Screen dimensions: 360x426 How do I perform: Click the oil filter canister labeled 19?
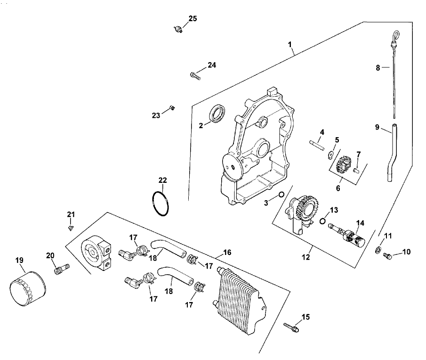[27, 286]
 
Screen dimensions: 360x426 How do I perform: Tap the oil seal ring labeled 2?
[217, 114]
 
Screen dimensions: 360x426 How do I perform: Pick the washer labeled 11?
[378, 249]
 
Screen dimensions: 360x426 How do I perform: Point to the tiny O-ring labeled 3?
[281, 194]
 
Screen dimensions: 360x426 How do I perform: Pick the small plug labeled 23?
[172, 108]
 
